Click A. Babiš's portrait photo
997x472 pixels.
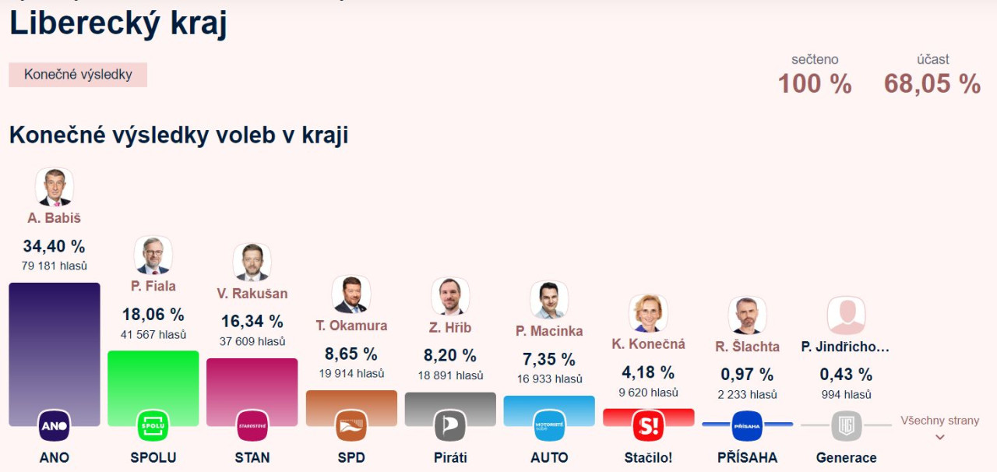point(55,187)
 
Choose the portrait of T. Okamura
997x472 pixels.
point(351,294)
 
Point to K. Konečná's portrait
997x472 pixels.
point(648,313)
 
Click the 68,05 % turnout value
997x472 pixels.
point(932,83)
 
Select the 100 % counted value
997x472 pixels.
point(815,83)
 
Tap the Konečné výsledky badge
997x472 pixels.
point(78,75)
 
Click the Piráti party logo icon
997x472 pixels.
point(450,425)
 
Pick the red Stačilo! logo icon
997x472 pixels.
point(648,425)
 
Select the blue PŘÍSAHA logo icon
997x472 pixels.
point(748,425)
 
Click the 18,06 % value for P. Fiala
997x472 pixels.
point(153,315)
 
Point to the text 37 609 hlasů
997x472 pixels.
point(252,341)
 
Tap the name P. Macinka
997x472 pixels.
point(549,331)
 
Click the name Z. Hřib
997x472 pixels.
point(450,328)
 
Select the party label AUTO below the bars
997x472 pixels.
point(549,457)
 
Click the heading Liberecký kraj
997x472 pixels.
point(118,23)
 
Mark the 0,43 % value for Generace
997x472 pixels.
point(846,375)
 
